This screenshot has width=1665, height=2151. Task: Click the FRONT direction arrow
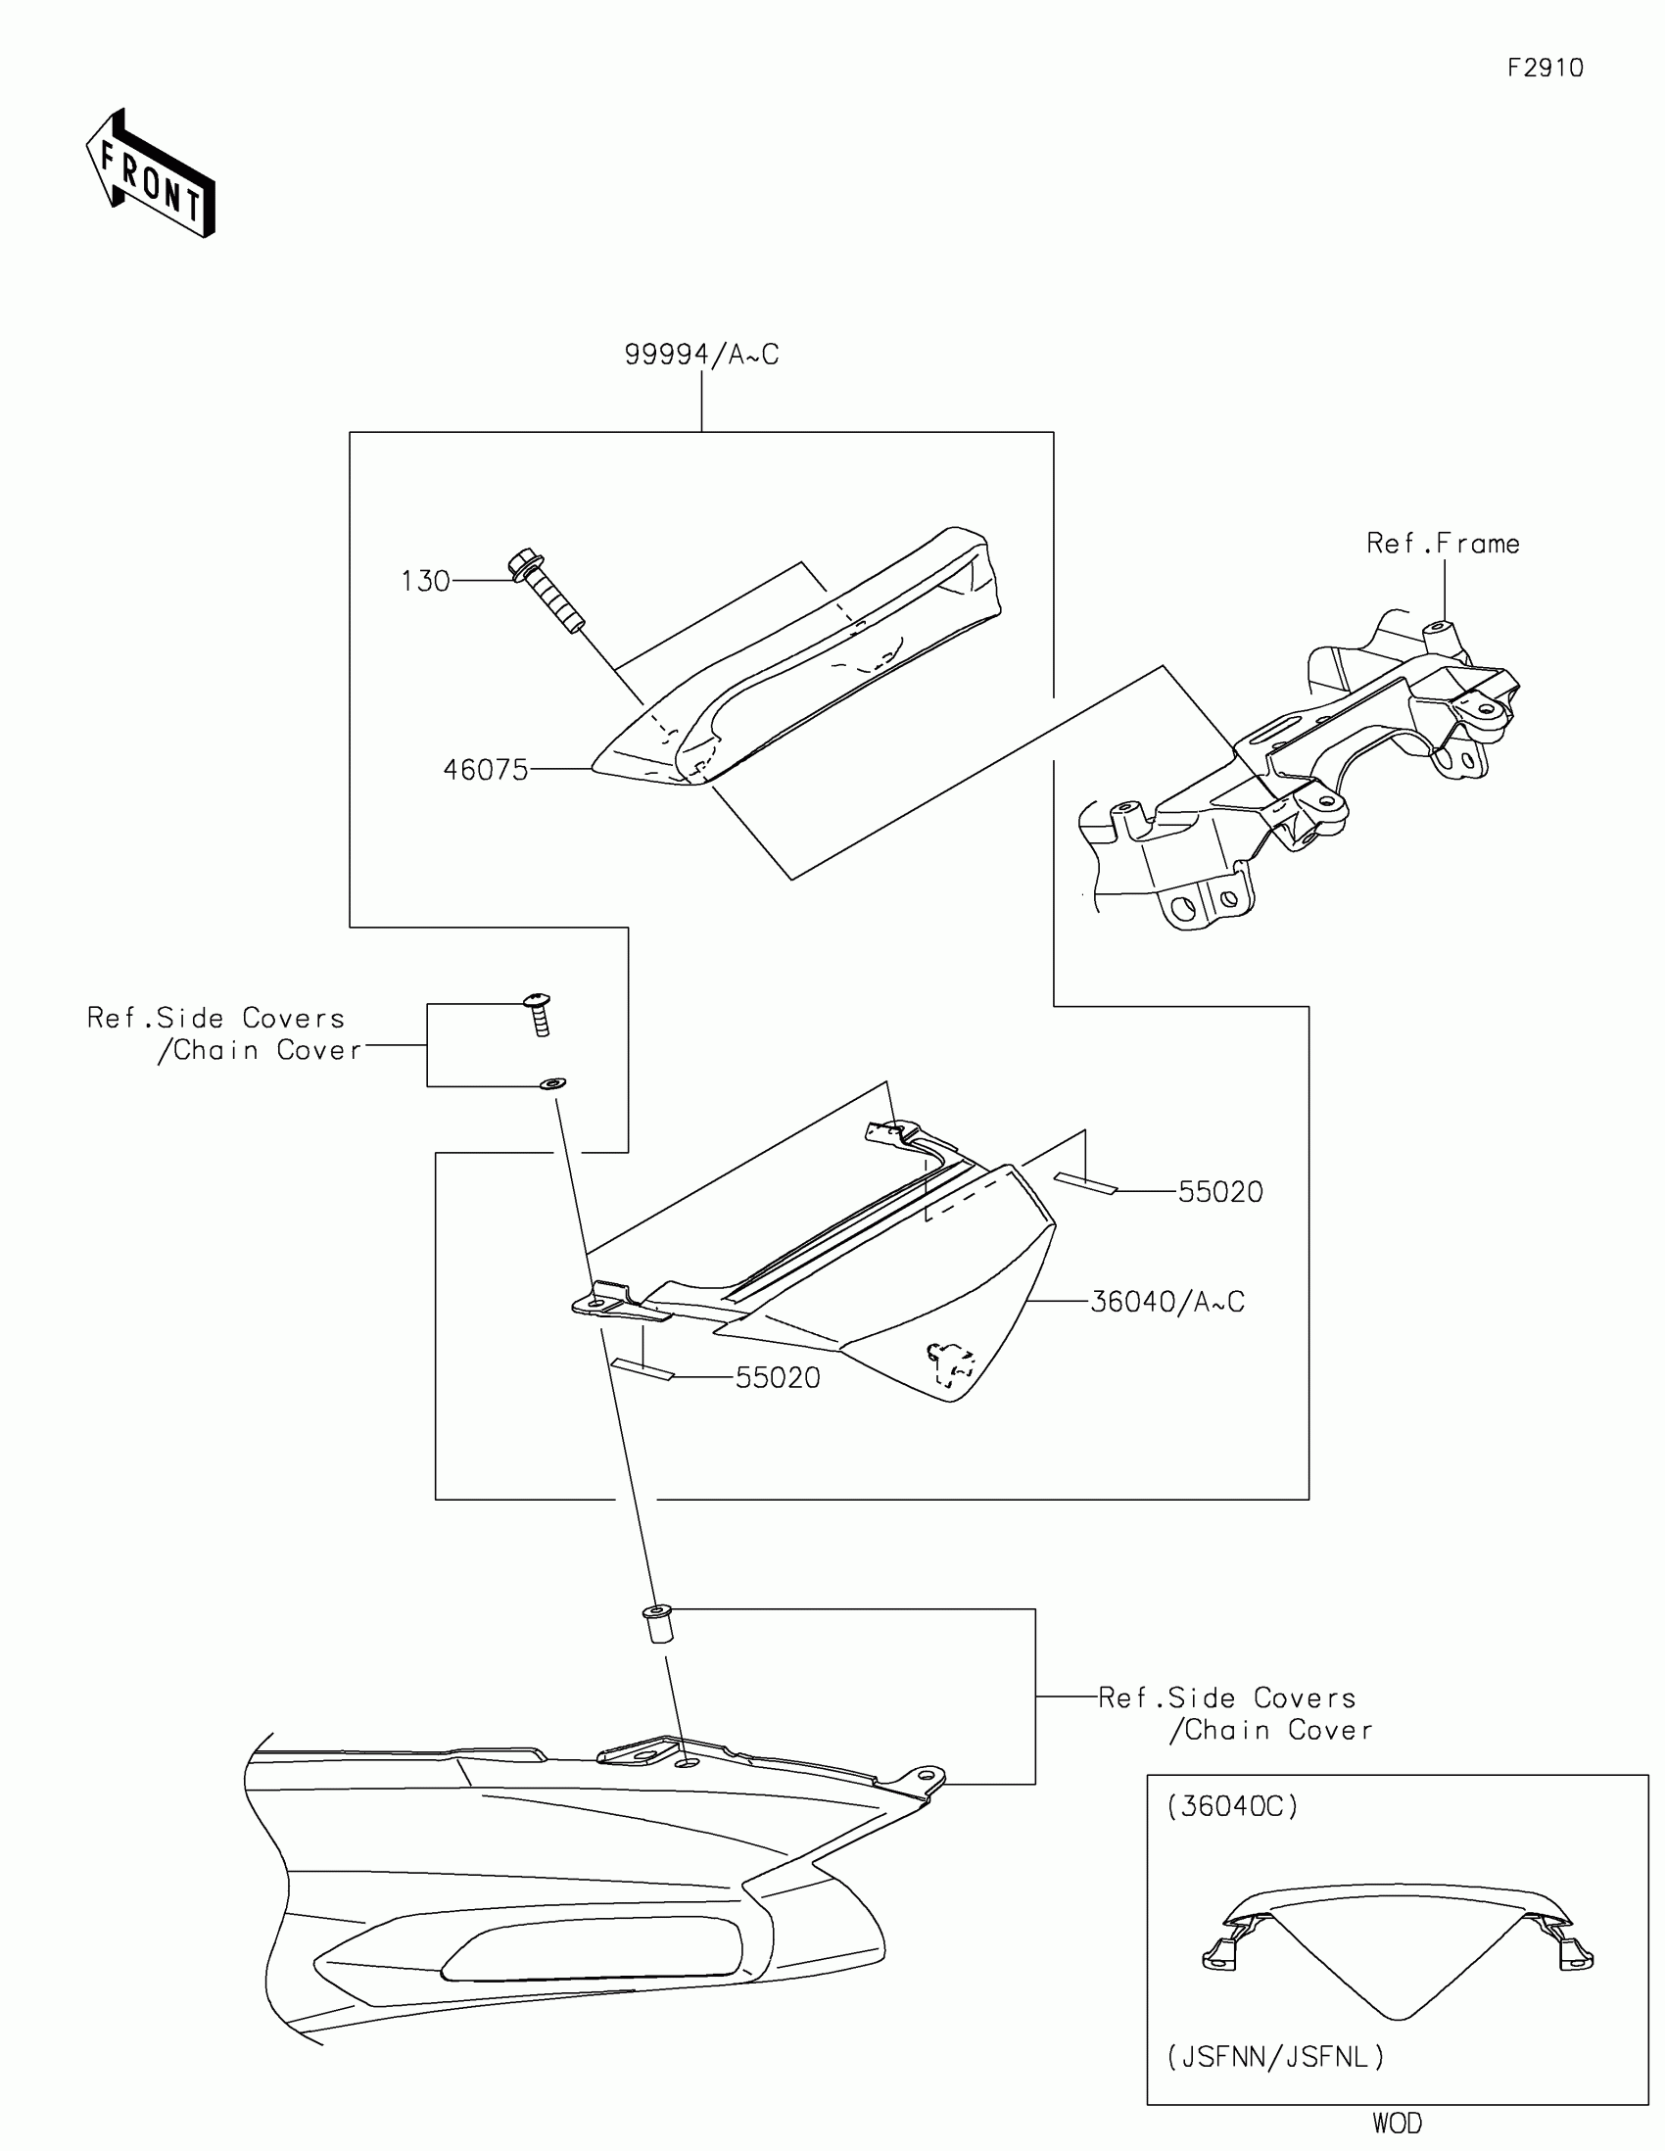tap(151, 174)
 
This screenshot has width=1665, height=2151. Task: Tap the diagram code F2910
tap(1545, 68)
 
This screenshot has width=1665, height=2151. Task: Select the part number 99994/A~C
tap(701, 355)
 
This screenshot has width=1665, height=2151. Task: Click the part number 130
tap(425, 581)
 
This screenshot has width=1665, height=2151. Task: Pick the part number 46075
tap(486, 769)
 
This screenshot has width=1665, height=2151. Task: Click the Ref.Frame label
tap(1443, 544)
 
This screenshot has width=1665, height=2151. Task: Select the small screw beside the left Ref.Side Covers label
tap(539, 1014)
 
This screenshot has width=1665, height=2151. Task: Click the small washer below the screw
tap(552, 1084)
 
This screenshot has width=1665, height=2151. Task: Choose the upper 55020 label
tap(1220, 1192)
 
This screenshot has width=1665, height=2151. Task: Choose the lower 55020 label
tap(778, 1378)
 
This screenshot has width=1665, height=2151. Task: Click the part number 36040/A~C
tap(1167, 1302)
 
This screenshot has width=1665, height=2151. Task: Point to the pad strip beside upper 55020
tap(1085, 1183)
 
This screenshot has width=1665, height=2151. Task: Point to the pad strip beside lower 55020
tap(642, 1370)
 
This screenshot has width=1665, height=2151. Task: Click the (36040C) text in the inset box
tap(1233, 1806)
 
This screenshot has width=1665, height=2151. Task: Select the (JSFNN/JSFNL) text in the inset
tap(1275, 2056)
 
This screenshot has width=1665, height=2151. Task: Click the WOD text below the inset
tap(1398, 2124)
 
